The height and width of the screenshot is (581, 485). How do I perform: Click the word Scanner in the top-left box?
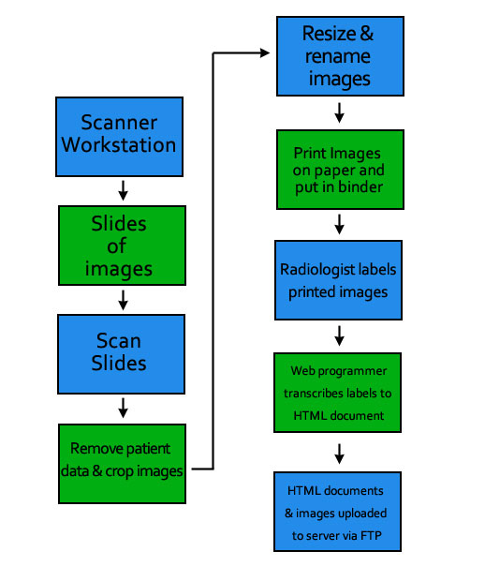point(119,122)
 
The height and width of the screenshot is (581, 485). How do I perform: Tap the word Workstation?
point(119,144)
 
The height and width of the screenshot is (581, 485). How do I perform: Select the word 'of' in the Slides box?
point(117,246)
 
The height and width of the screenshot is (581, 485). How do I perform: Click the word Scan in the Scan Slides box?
point(119,340)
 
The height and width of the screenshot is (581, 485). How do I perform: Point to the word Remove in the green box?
point(94,448)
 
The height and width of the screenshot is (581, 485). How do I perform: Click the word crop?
point(118,471)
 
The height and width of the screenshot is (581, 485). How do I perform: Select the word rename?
point(338,56)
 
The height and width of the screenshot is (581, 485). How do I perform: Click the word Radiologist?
point(315,270)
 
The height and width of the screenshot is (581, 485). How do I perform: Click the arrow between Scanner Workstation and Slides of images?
point(124,190)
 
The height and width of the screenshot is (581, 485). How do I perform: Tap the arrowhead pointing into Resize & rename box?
point(265,53)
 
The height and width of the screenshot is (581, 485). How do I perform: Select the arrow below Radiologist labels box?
point(339,335)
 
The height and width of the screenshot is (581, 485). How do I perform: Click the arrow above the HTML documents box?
point(339,454)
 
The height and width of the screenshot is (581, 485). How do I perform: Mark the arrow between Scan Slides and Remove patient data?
point(124,408)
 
